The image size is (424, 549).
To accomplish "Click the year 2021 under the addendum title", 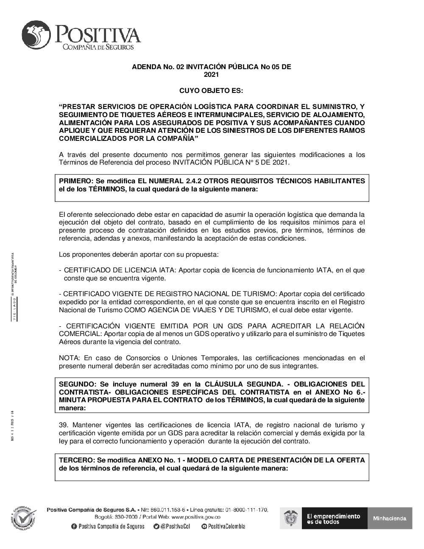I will coord(211,75).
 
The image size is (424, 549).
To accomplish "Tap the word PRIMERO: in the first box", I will coord(74,181).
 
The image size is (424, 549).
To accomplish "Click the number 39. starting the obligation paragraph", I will coord(64,425).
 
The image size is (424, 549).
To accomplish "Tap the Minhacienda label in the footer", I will coord(389,518).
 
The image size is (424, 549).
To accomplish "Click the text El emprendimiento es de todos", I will coord(333,518).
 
